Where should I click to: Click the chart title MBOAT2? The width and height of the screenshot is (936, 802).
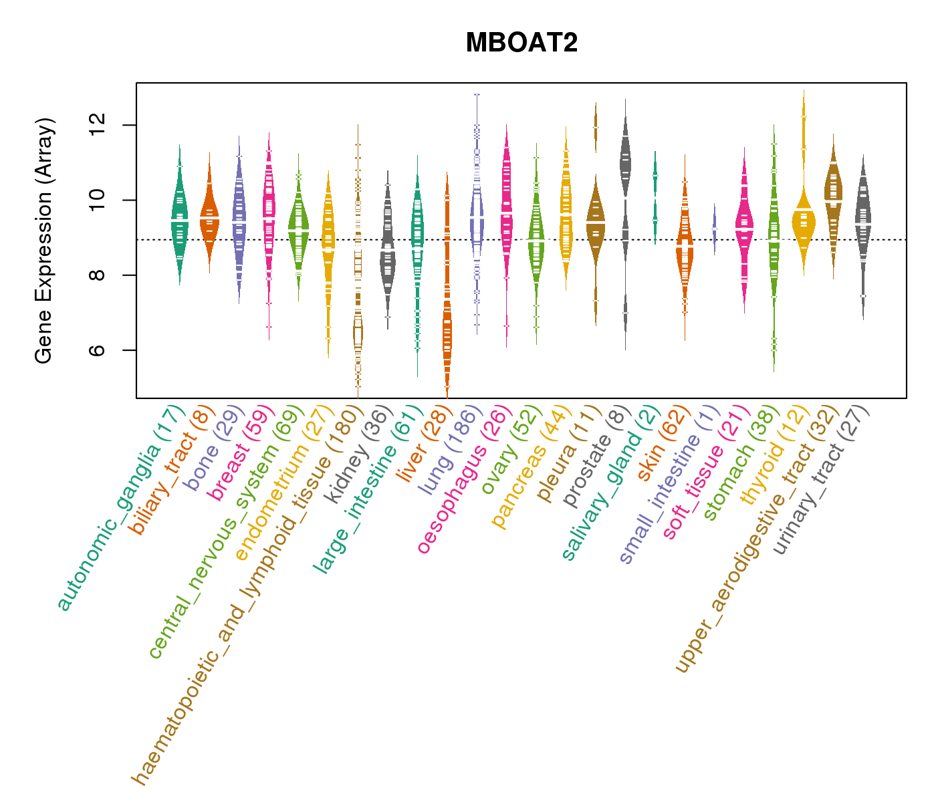(521, 43)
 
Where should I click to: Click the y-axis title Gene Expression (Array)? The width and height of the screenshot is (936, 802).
(44, 241)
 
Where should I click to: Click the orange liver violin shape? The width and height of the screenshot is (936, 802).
(447, 327)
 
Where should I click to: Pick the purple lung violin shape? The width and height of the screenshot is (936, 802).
(477, 214)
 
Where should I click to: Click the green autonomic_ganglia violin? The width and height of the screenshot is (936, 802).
(180, 221)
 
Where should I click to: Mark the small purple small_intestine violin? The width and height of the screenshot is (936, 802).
(715, 227)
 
